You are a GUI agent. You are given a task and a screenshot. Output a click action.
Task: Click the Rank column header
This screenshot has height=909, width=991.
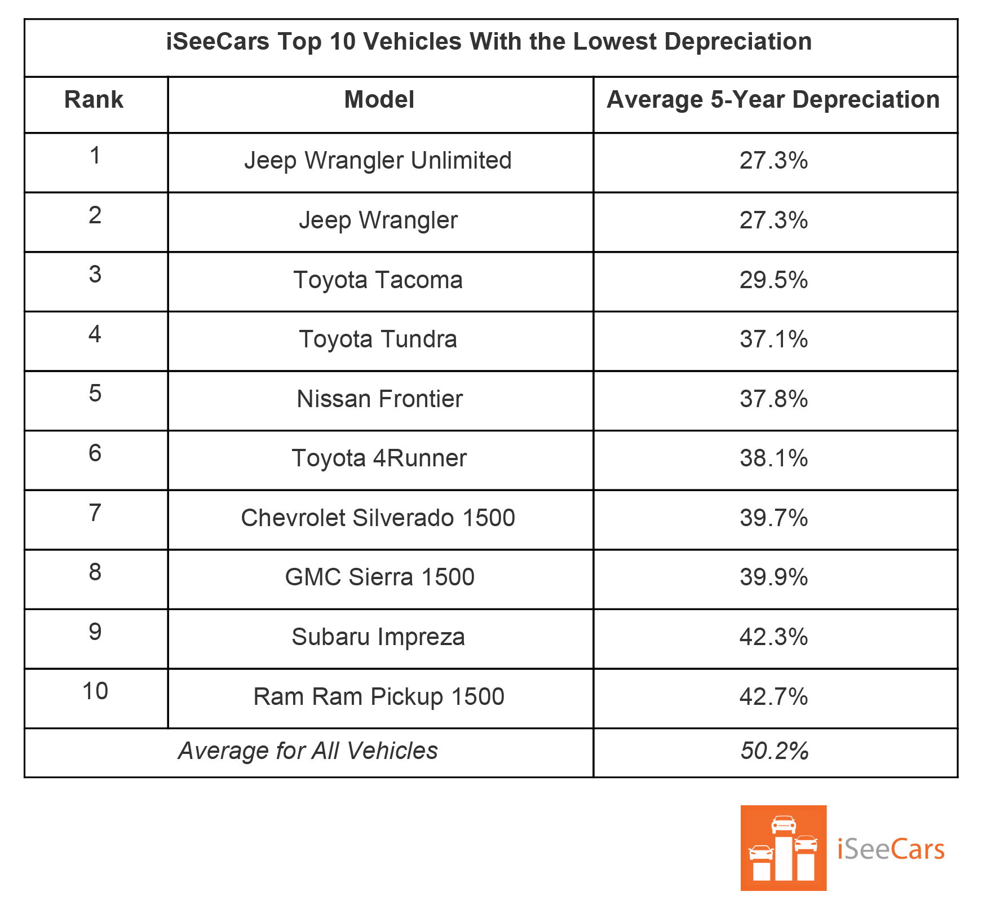pyautogui.click(x=94, y=100)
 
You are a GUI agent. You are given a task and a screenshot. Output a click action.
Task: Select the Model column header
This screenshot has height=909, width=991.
pyautogui.click(x=379, y=100)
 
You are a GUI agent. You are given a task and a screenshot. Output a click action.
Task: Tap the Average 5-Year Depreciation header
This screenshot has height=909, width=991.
pyautogui.click(x=773, y=100)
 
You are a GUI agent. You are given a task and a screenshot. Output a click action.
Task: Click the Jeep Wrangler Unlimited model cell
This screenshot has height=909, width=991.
pyautogui.click(x=378, y=161)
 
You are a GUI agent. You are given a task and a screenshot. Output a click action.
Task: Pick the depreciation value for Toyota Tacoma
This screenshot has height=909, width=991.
pyautogui.click(x=773, y=280)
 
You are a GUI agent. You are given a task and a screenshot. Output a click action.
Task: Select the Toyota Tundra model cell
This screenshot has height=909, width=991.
pyautogui.click(x=378, y=339)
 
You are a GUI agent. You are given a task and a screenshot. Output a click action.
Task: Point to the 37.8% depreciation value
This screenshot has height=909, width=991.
pyautogui.click(x=773, y=399)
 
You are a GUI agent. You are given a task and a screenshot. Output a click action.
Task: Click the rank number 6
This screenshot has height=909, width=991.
pyautogui.click(x=95, y=453)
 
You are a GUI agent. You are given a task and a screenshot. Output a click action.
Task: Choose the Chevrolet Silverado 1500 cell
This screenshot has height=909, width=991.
pyautogui.click(x=378, y=518)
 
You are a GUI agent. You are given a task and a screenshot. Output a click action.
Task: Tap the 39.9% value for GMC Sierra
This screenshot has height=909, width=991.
pyautogui.click(x=773, y=577)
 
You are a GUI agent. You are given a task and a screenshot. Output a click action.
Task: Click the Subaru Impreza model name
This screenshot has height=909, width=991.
pyautogui.click(x=378, y=637)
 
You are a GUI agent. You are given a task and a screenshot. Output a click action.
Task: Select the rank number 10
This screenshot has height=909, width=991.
pyautogui.click(x=95, y=691)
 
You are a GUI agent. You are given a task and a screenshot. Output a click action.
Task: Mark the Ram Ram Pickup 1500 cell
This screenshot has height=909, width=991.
pyautogui.click(x=378, y=697)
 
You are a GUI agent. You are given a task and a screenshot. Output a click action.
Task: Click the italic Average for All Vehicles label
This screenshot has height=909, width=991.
pyautogui.click(x=308, y=751)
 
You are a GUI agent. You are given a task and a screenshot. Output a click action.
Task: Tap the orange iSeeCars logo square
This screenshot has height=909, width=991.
pyautogui.click(x=783, y=848)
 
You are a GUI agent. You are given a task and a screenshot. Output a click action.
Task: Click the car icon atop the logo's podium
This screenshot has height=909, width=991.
pyautogui.click(x=784, y=824)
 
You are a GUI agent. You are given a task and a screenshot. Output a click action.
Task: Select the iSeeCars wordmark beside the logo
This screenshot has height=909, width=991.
pyautogui.click(x=890, y=849)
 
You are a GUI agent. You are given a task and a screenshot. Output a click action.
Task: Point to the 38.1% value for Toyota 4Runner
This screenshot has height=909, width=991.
pyautogui.click(x=773, y=458)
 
